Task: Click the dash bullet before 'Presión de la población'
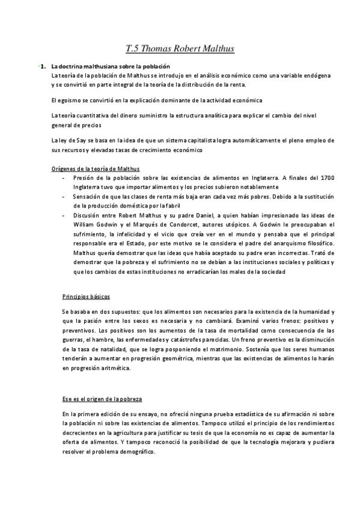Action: pos(64,178)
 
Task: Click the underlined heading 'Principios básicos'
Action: pos(86,297)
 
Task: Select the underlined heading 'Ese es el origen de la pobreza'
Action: pos(102,399)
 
